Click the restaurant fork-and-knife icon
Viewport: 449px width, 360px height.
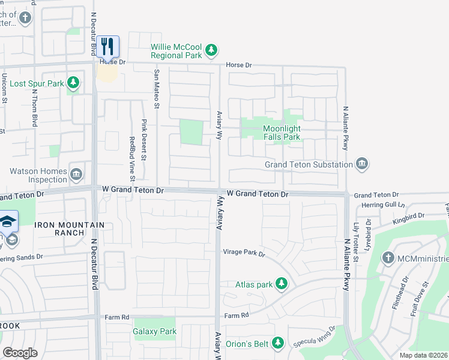107,46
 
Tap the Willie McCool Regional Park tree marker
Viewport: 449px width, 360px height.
211,51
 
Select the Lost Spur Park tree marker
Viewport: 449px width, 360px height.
73,83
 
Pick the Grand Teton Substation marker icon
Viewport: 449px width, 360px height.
362,164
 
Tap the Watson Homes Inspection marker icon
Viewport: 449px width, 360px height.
76,175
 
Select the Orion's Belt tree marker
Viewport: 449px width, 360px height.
277,343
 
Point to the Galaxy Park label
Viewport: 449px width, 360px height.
154,331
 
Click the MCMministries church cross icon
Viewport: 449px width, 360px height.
388,259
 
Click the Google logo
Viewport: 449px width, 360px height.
20,353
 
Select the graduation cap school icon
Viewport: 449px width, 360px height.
7,221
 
